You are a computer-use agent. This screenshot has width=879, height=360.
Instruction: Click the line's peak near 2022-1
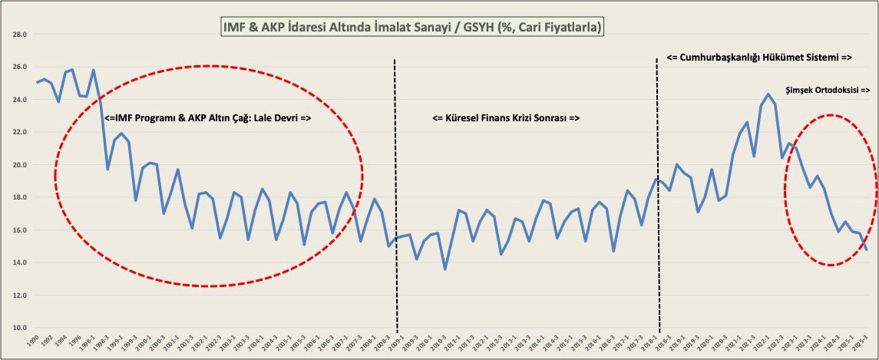(768, 94)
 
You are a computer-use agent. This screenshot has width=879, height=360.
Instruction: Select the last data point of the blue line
(867, 249)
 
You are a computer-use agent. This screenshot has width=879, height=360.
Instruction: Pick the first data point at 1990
(37, 83)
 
